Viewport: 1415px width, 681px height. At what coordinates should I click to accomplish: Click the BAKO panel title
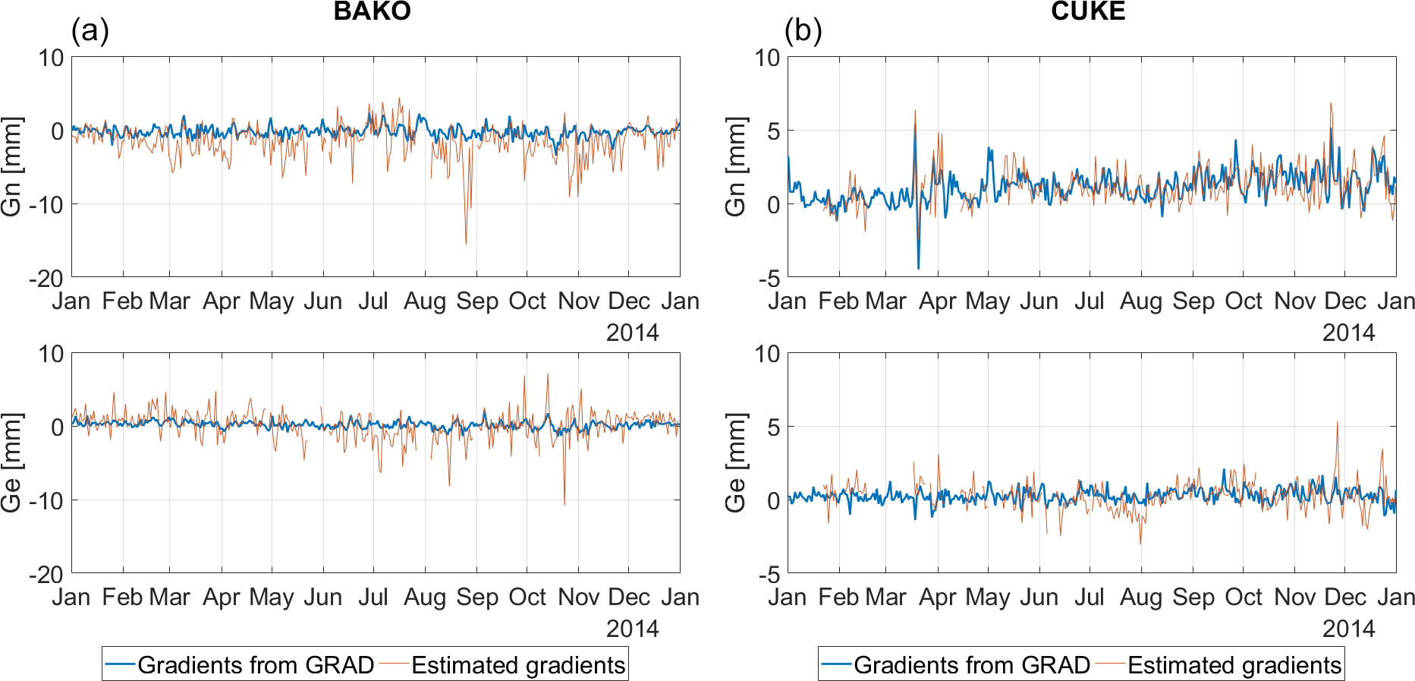point(372,11)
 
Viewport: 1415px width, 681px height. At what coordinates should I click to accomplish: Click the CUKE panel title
point(1087,11)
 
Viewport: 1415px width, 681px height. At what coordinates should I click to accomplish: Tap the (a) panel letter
point(90,30)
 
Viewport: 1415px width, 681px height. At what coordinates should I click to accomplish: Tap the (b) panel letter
point(803,30)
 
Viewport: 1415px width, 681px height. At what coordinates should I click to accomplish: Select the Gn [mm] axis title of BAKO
point(12,166)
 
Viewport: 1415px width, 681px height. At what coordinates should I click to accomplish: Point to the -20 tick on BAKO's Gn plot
point(46,279)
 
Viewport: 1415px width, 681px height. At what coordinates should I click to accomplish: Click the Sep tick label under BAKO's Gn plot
point(476,301)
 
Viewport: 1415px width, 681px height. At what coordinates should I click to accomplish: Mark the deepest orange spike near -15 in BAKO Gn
point(466,243)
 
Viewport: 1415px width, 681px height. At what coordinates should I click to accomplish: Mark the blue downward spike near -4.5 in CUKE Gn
point(918,268)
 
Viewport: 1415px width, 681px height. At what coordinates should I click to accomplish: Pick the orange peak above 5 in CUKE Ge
point(1337,423)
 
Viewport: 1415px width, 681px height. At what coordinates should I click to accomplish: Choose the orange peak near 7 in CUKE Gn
point(1330,104)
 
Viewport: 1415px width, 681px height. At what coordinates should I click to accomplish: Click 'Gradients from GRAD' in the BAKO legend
point(256,665)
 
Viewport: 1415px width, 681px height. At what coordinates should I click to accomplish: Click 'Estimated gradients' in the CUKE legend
point(1234,665)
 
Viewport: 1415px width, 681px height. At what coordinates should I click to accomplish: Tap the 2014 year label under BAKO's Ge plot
point(632,629)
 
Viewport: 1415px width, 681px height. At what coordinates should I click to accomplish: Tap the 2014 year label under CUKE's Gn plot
point(1348,333)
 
